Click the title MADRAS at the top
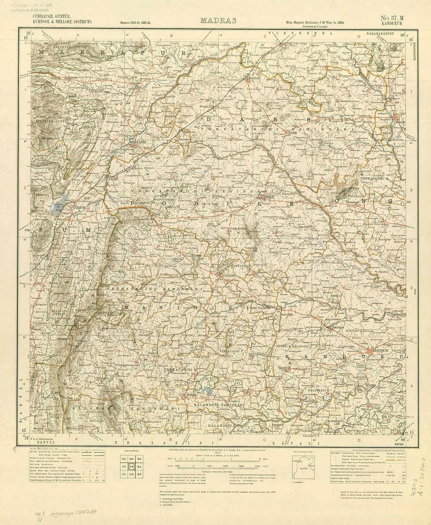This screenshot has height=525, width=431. point(218,20)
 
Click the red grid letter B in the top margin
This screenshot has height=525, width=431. point(171,35)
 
